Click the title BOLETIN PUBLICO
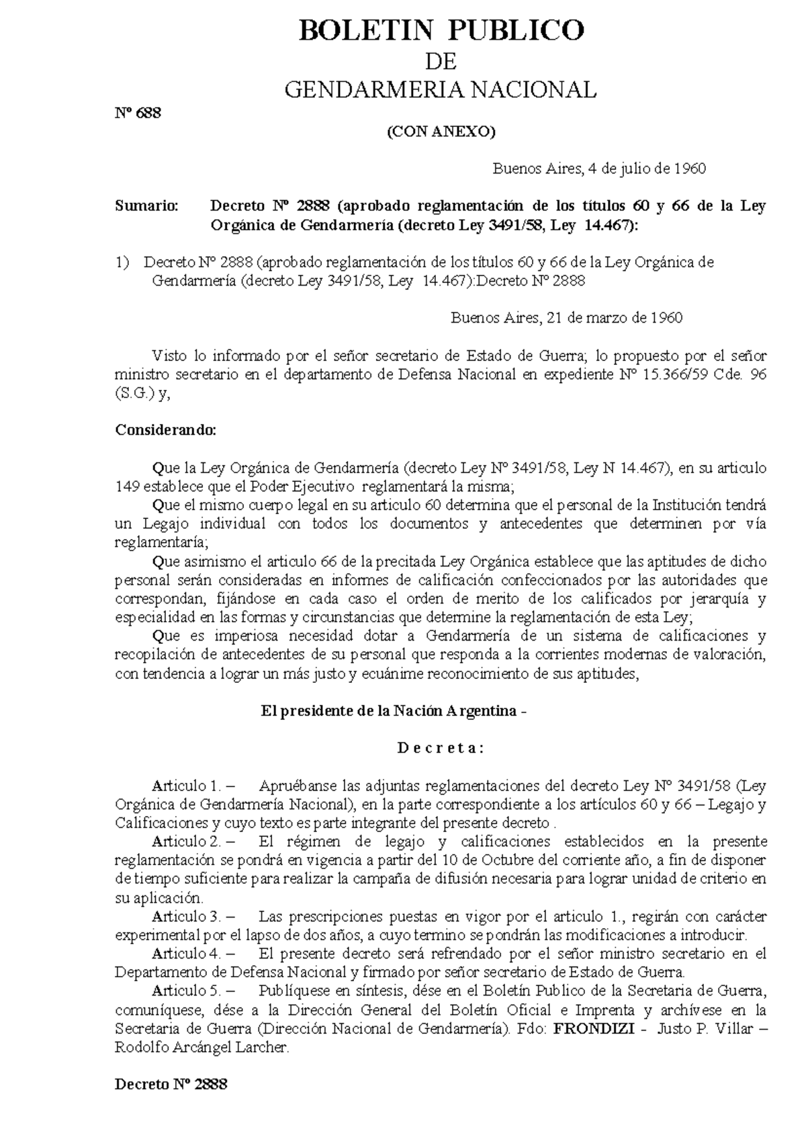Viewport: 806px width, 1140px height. coord(441,30)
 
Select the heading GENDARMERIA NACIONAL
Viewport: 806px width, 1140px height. coord(441,89)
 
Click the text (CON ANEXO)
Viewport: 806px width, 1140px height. coord(441,132)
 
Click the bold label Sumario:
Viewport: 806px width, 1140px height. coord(147,206)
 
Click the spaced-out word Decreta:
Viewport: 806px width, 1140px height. coord(441,748)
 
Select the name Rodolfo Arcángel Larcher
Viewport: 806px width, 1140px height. coord(201,1047)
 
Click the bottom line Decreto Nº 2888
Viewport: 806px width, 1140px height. coord(171,1084)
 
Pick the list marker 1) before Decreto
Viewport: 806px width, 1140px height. coord(122,263)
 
